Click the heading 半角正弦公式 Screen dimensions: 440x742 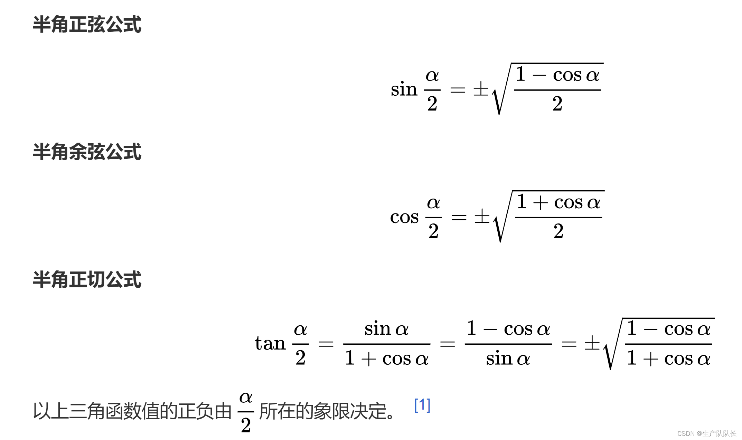click(x=87, y=25)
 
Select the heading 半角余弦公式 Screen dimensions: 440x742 click(x=87, y=152)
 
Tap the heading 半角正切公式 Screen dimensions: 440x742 click(x=87, y=279)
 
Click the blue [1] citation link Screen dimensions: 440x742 click(x=422, y=405)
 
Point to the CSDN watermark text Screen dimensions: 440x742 click(x=706, y=433)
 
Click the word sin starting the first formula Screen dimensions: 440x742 click(x=404, y=89)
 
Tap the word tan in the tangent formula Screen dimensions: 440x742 click(x=270, y=343)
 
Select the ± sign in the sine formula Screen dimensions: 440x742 click(x=481, y=89)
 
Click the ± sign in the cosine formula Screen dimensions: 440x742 click(x=482, y=217)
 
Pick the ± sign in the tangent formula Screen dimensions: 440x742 click(x=592, y=343)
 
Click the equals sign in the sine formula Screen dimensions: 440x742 click(x=458, y=90)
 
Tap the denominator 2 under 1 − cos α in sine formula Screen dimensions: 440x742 click(x=557, y=104)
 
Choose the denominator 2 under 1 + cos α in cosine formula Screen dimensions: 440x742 click(x=558, y=231)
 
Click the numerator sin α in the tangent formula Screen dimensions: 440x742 click(x=386, y=328)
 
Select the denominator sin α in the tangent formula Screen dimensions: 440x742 click(x=508, y=358)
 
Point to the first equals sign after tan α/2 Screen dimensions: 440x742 click(x=326, y=344)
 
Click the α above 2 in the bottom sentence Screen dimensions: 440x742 click(x=246, y=397)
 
